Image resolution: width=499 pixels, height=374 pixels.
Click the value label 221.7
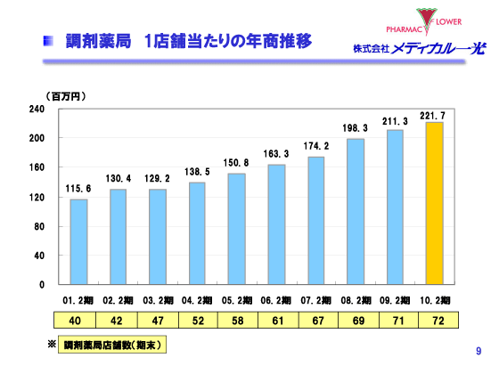[x=433, y=116]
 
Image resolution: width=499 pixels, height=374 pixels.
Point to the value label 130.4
[x=119, y=179]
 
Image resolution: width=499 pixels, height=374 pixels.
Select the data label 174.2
[x=316, y=146]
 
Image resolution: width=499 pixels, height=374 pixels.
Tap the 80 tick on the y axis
[x=39, y=226]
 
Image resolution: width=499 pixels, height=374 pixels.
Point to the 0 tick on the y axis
[x=42, y=285]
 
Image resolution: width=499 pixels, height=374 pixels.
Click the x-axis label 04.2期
[x=197, y=301]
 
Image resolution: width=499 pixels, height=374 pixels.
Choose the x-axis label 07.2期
[x=315, y=301]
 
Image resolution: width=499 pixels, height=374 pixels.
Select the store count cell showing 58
[x=236, y=321]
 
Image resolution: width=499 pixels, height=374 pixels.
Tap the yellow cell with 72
[x=434, y=321]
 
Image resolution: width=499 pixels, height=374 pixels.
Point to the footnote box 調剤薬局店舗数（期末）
[x=114, y=344]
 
